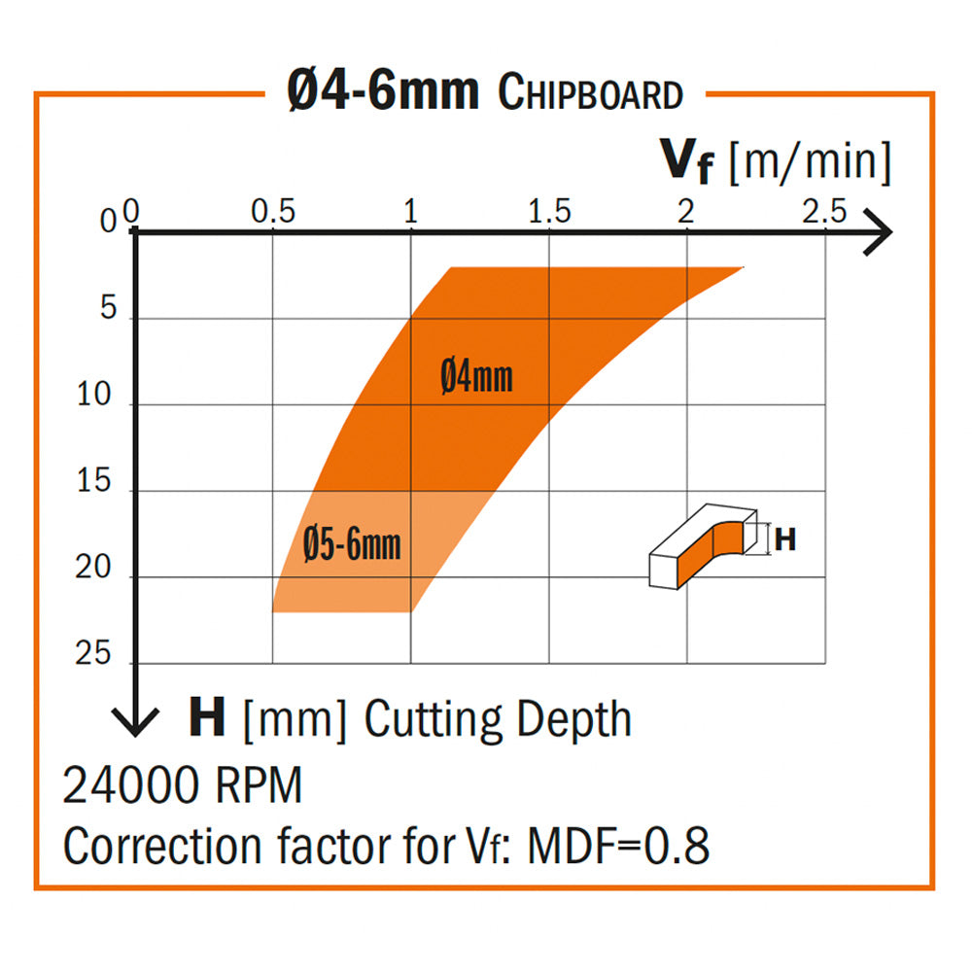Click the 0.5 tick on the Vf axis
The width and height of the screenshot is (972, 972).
click(273, 212)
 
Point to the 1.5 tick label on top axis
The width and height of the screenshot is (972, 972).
click(549, 212)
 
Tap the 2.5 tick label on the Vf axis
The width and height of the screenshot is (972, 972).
click(824, 212)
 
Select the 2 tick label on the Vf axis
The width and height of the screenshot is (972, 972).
click(687, 212)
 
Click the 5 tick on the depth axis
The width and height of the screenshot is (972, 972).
click(107, 310)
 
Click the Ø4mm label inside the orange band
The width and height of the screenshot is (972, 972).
click(476, 376)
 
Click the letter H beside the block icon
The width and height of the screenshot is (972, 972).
click(785, 538)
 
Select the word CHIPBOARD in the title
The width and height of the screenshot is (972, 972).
click(590, 94)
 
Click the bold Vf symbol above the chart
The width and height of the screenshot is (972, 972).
click(688, 162)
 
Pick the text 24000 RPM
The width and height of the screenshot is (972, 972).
click(183, 785)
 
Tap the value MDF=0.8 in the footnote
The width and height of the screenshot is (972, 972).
click(618, 847)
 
